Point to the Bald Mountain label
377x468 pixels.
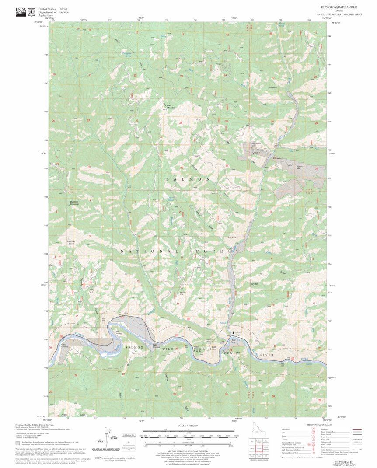[x=171, y=106]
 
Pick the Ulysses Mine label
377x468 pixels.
[x=300, y=168]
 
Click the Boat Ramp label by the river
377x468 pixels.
[x=234, y=341]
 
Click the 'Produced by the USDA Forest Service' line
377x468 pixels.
[x=35, y=425]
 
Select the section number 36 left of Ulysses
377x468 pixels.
[x=227, y=166]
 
